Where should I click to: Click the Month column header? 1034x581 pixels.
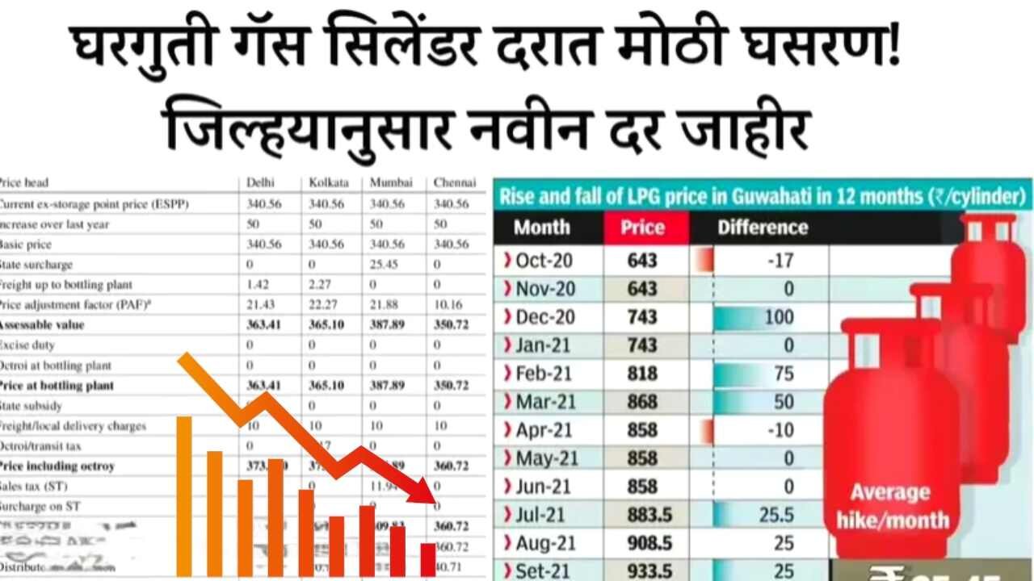(x=541, y=227)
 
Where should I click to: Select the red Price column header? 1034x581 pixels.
(x=642, y=227)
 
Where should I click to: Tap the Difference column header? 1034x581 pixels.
(x=762, y=227)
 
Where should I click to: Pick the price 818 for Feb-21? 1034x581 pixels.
(x=642, y=374)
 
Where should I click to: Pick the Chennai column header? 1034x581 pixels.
(x=454, y=183)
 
